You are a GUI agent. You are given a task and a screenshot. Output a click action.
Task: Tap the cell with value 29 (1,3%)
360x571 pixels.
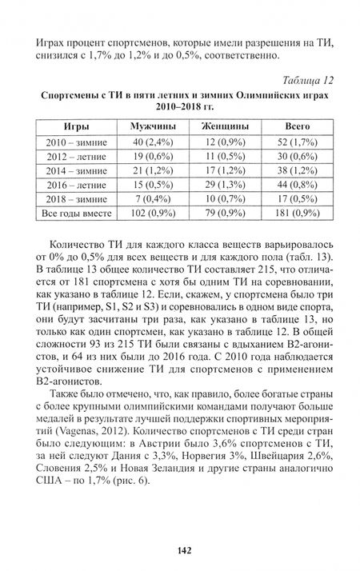pyautogui.click(x=224, y=184)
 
